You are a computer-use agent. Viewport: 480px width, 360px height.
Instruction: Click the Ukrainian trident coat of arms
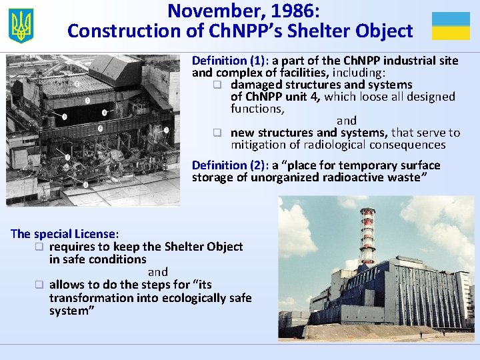pos(21,26)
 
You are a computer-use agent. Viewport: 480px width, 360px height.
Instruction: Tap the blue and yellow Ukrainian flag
pos(451,26)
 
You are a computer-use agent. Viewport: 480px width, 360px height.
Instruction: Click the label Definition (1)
pos(223,61)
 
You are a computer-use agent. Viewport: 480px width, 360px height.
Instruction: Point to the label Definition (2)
pos(223,165)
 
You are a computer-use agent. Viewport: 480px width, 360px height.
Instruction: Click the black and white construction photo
pos(93,130)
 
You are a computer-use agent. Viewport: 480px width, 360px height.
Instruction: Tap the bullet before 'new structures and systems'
pos(217,133)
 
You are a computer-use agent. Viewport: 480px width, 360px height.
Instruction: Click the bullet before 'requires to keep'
pos(39,247)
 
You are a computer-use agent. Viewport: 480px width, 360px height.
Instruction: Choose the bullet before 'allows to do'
pos(39,285)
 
